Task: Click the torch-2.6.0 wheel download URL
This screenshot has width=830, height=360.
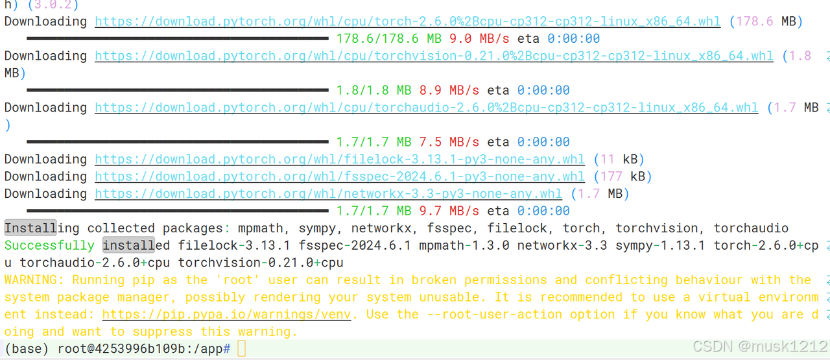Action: pos(407,21)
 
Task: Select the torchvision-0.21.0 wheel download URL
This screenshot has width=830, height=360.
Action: pos(434,56)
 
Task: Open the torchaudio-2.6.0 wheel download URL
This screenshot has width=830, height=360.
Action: pos(426,108)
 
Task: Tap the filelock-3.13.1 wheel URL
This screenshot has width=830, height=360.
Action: pos(340,159)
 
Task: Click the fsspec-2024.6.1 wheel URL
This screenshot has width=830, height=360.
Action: pos(340,176)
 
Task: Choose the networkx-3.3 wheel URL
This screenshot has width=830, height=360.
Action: pos(328,193)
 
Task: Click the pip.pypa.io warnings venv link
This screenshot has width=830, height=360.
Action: pos(226,315)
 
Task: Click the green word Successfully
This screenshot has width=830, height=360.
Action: pos(49,245)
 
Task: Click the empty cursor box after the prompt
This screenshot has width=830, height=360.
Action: pos(242,349)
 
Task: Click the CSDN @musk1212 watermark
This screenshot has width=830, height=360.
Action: pos(759,346)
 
